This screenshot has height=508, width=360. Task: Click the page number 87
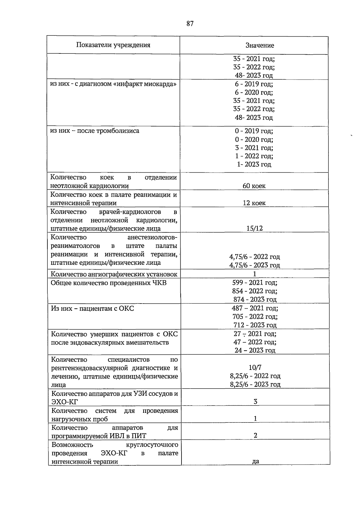(x=190, y=24)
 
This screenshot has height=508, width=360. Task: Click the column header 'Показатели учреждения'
(x=113, y=45)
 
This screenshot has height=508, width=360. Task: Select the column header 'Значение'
(x=259, y=45)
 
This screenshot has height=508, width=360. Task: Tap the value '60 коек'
(x=254, y=186)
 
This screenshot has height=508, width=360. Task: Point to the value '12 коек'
(x=254, y=203)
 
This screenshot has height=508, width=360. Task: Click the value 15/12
(x=254, y=228)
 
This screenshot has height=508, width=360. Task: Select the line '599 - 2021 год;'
(x=254, y=283)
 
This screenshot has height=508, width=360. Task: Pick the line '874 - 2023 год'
(x=255, y=299)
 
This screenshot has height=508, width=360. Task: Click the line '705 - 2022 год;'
(x=255, y=316)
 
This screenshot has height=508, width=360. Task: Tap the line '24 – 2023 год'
(x=255, y=350)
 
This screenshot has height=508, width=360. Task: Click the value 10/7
(x=255, y=367)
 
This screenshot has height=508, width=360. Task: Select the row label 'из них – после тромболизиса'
(x=95, y=131)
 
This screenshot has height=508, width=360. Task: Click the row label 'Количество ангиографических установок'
(x=114, y=274)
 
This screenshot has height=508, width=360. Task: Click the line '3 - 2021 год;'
(x=254, y=148)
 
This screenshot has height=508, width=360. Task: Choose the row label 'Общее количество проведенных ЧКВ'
(x=109, y=283)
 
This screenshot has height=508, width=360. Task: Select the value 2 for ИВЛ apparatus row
(x=255, y=436)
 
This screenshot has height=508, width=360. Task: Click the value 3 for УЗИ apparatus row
(x=255, y=402)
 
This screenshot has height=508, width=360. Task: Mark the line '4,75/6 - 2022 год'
(x=254, y=257)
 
